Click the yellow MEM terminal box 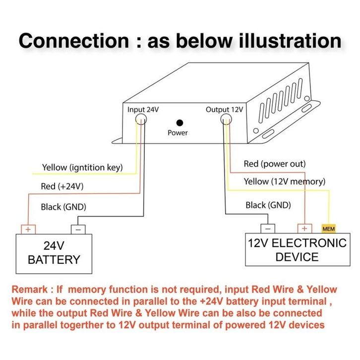(x=329, y=229)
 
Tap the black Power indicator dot (x=180, y=122)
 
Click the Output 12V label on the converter (x=224, y=110)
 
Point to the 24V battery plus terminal (x=28, y=229)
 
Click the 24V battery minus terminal (x=78, y=229)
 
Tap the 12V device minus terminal (x=268, y=229)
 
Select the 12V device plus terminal (x=304, y=229)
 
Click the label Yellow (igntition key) (x=82, y=167)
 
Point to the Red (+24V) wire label (x=62, y=187)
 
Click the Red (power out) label (x=274, y=164)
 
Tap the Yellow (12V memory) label (x=284, y=181)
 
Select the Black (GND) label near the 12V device (x=268, y=205)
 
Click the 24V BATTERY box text (x=54, y=252)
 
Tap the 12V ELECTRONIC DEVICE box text (x=297, y=250)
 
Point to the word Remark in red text (x=31, y=289)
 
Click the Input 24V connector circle (x=141, y=120)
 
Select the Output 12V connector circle (x=227, y=120)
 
